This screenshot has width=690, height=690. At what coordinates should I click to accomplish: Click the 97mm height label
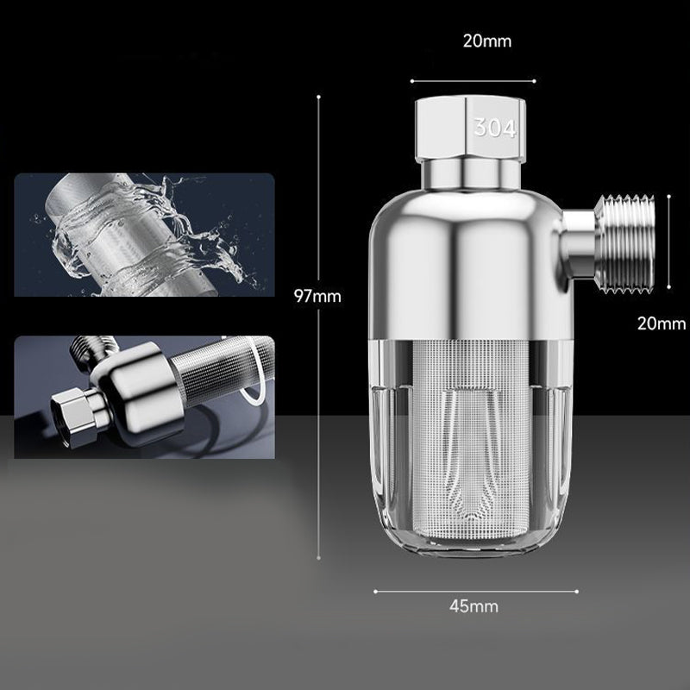[x=318, y=296]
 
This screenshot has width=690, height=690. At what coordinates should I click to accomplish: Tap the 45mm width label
[x=474, y=605]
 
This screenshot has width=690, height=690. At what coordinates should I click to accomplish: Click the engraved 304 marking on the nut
[x=494, y=129]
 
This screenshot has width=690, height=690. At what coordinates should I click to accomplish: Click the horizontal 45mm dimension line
[x=475, y=592]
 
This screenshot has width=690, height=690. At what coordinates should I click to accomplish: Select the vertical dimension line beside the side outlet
[x=670, y=241]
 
